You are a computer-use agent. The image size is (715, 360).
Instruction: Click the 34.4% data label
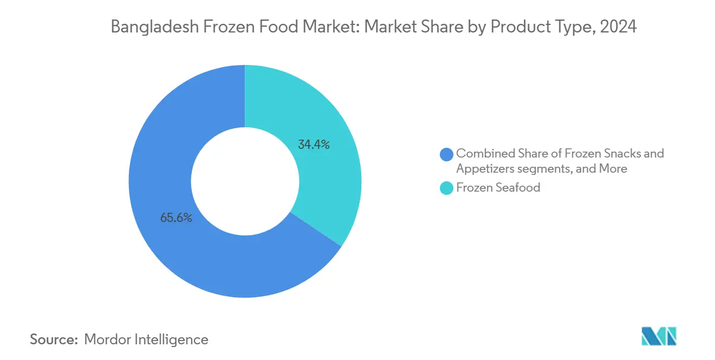click(x=314, y=145)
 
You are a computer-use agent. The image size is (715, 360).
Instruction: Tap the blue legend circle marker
click(x=446, y=154)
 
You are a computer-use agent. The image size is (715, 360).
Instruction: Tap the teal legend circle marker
click(x=446, y=188)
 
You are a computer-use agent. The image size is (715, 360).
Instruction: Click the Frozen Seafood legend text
click(x=498, y=188)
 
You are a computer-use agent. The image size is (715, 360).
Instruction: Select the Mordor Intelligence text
click(x=146, y=339)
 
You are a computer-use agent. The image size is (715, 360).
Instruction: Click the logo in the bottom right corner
click(x=659, y=336)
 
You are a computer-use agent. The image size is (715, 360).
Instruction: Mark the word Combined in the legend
click(x=482, y=153)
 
